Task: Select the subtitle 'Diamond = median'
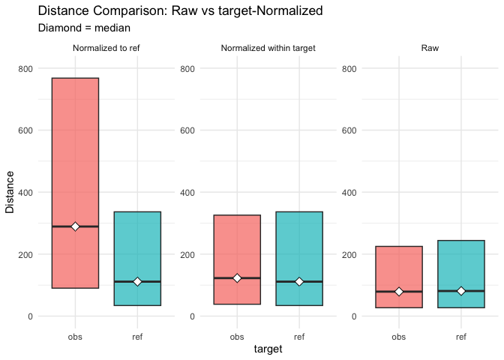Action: (x=84, y=28)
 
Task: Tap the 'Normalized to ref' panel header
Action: (x=106, y=49)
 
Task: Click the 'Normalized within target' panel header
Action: (x=268, y=49)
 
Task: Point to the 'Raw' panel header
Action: (x=430, y=49)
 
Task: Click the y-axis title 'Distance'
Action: (x=10, y=192)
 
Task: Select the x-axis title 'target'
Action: (x=268, y=349)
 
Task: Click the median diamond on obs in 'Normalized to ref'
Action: (x=75, y=226)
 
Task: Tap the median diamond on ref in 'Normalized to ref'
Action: (x=137, y=281)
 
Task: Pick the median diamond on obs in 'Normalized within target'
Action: (x=237, y=277)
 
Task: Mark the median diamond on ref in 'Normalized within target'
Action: (x=299, y=281)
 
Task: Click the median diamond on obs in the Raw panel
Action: (x=399, y=291)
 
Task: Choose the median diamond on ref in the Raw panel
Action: (x=461, y=290)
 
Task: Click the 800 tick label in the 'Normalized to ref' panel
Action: (x=25, y=68)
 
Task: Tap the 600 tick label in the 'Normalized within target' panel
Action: (x=187, y=130)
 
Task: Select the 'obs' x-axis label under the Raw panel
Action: (x=399, y=336)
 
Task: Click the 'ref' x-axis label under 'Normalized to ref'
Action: (x=137, y=336)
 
